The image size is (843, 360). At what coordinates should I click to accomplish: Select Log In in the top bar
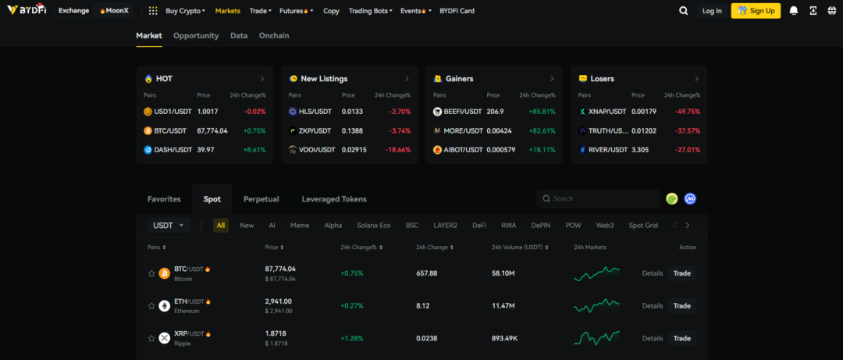(x=712, y=11)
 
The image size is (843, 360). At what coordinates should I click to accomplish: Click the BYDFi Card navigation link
(x=457, y=11)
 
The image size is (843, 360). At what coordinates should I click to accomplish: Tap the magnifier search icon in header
(x=684, y=11)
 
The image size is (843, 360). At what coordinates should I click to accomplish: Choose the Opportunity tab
(x=196, y=36)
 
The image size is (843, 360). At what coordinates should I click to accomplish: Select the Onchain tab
(x=274, y=36)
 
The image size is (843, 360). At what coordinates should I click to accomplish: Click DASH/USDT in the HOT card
(x=170, y=150)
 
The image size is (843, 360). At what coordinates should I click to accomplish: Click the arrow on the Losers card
(x=696, y=79)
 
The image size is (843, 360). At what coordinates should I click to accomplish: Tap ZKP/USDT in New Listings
(x=315, y=130)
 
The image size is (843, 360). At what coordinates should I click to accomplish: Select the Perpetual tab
(x=261, y=199)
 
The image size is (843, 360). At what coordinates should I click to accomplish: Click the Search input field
(x=601, y=199)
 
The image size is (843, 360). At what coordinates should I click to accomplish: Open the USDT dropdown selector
(x=169, y=226)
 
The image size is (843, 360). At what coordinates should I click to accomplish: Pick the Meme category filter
(x=300, y=226)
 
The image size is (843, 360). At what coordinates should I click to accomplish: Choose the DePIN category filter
(x=541, y=226)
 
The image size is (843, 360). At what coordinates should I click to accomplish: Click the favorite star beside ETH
(x=151, y=305)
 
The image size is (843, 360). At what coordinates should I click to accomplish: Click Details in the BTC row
(x=652, y=273)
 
